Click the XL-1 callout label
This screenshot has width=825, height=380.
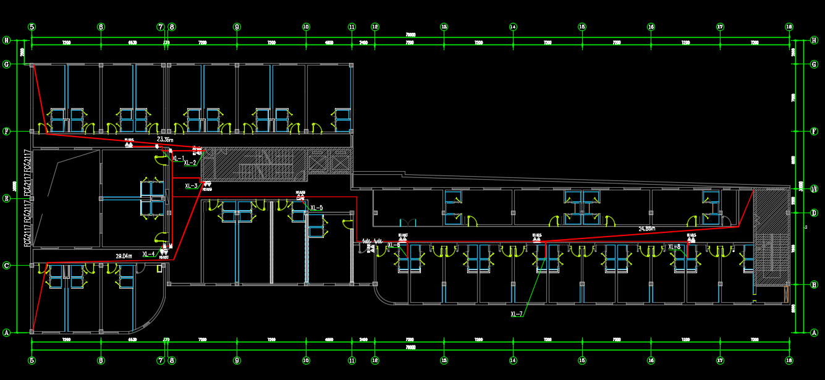click(x=178, y=159)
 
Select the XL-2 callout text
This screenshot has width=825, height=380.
click(x=190, y=163)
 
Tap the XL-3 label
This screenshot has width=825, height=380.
click(x=192, y=185)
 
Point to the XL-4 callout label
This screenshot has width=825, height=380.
click(x=149, y=254)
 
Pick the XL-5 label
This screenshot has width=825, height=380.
click(x=316, y=208)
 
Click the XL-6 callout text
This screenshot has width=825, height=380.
click(x=394, y=245)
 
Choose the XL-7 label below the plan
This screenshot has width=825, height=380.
click(x=517, y=315)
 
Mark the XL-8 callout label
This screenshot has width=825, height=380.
click(x=674, y=247)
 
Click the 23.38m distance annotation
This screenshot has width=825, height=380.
click(x=166, y=140)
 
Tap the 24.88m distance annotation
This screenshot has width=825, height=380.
click(x=647, y=229)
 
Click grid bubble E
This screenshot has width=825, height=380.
click(x=7, y=199)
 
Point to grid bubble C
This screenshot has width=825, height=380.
click(x=7, y=266)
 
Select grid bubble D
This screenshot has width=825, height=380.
click(x=814, y=213)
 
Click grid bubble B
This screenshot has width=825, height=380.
click(x=814, y=284)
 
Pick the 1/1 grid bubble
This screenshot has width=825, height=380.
click(x=814, y=189)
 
